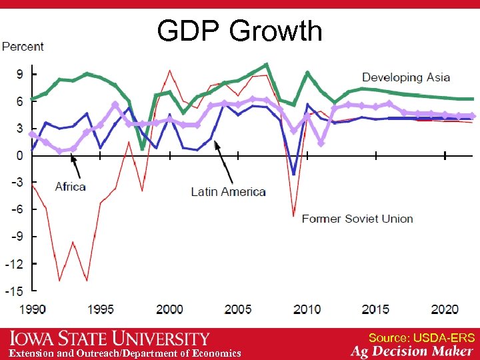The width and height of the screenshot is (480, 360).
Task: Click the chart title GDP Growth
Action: [239, 31]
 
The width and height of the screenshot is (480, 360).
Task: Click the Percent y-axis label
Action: [23, 47]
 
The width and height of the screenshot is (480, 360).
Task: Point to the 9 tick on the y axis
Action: [19, 75]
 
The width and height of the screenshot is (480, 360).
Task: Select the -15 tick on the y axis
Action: [15, 291]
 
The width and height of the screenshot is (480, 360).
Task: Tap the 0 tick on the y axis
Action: [19, 155]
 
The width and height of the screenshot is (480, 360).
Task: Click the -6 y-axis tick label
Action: [17, 209]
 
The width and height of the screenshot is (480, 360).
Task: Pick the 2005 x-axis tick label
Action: [238, 309]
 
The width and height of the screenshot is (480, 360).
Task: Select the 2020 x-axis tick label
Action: [445, 309]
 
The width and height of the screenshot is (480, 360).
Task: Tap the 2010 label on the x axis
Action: [307, 309]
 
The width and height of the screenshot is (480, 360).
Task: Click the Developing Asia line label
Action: [406, 78]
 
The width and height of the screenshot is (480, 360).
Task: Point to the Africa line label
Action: [70, 187]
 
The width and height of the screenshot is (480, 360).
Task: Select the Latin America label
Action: [228, 192]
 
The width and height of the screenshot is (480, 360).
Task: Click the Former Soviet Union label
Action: [357, 219]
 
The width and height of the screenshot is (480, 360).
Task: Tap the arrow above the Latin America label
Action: [223, 163]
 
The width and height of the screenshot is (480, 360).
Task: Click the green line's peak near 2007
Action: [266, 65]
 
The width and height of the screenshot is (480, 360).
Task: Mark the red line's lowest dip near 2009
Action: [293, 215]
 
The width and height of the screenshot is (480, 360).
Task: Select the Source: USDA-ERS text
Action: [421, 338]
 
